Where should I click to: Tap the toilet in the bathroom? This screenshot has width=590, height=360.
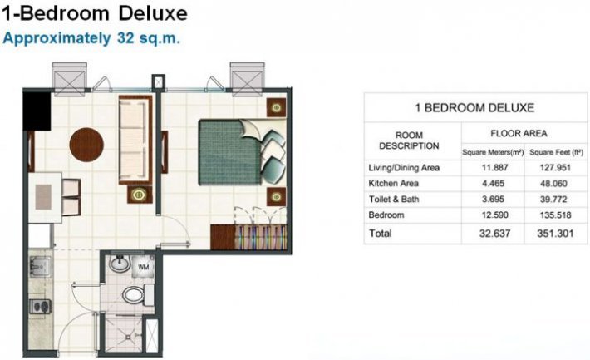(133, 295)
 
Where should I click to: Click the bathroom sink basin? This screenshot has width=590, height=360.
(120, 266)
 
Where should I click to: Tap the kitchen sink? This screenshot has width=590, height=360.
(40, 267)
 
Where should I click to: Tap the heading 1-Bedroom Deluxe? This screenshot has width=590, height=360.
(94, 14)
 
